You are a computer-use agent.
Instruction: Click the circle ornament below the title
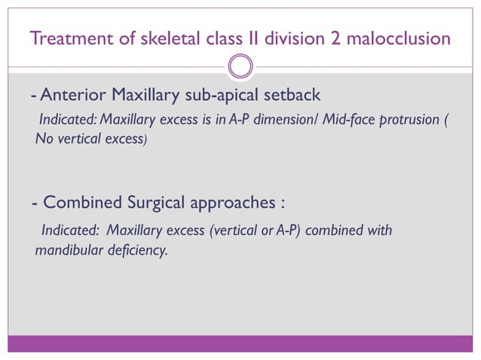(240, 66)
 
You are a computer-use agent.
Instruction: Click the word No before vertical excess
(44, 139)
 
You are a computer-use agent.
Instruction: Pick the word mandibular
(66, 249)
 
